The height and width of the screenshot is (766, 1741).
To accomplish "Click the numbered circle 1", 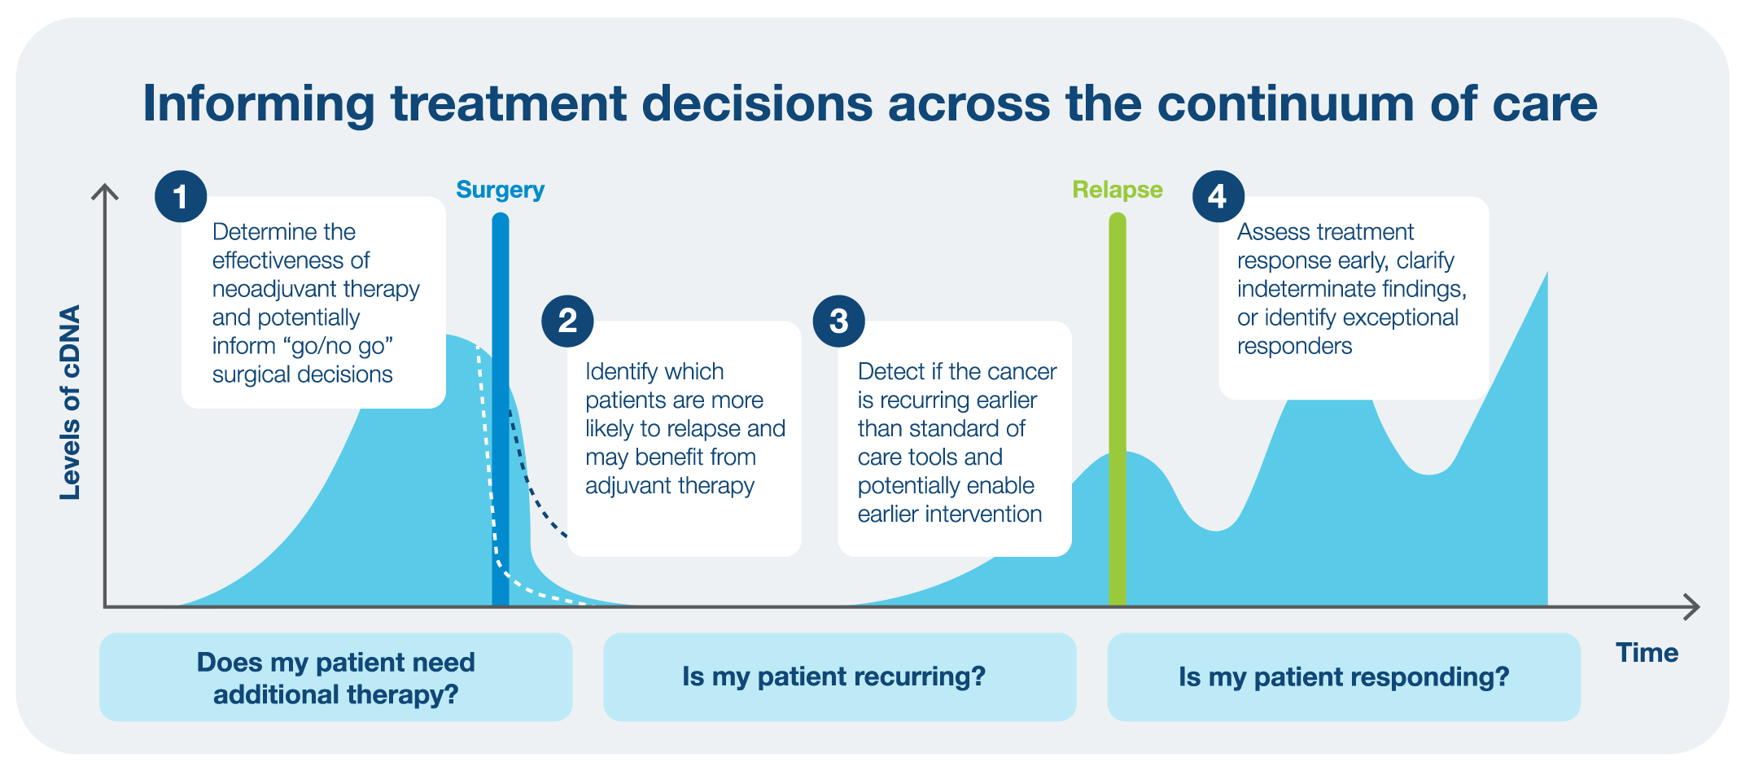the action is coord(181,196).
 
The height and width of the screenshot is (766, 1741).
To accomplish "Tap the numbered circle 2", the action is coord(567,321).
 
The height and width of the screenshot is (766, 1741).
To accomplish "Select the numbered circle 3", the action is coord(838,321).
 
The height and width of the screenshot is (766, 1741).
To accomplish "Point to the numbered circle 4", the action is coord(1218,196).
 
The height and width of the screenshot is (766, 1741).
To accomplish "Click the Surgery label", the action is coord(500,190).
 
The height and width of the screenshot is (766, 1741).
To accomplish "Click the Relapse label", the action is coord(1117,190).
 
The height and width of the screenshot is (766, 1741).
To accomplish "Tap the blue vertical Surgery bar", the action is coord(501,409).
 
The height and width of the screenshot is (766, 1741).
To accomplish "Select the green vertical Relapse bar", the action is coord(1118,409).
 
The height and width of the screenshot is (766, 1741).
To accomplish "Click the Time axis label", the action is coord(1647,653).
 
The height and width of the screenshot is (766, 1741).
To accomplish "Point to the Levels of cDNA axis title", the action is coord(71,402).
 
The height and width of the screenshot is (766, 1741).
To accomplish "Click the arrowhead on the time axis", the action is coord(1691,607).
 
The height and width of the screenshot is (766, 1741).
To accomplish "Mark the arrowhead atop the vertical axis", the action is coord(105,192).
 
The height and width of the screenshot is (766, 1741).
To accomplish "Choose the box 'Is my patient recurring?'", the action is coord(839,677).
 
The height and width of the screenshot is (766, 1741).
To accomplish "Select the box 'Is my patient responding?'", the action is coord(1344,677).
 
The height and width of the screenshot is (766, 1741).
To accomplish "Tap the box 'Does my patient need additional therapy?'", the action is coord(335,677).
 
